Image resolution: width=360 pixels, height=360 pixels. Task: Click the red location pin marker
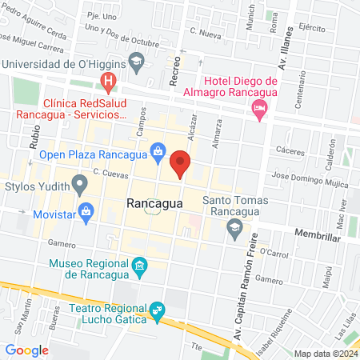(x=181, y=163)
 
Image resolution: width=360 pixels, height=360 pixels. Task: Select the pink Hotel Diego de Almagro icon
(x=258, y=108)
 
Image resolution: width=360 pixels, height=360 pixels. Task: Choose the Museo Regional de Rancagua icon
(x=140, y=266)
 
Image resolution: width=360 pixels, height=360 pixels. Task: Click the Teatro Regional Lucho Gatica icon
(x=157, y=310)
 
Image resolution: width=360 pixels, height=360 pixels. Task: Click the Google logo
(x=27, y=350)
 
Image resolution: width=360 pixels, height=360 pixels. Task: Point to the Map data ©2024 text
(x=324, y=353)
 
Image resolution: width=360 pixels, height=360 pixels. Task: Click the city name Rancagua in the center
(x=154, y=204)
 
